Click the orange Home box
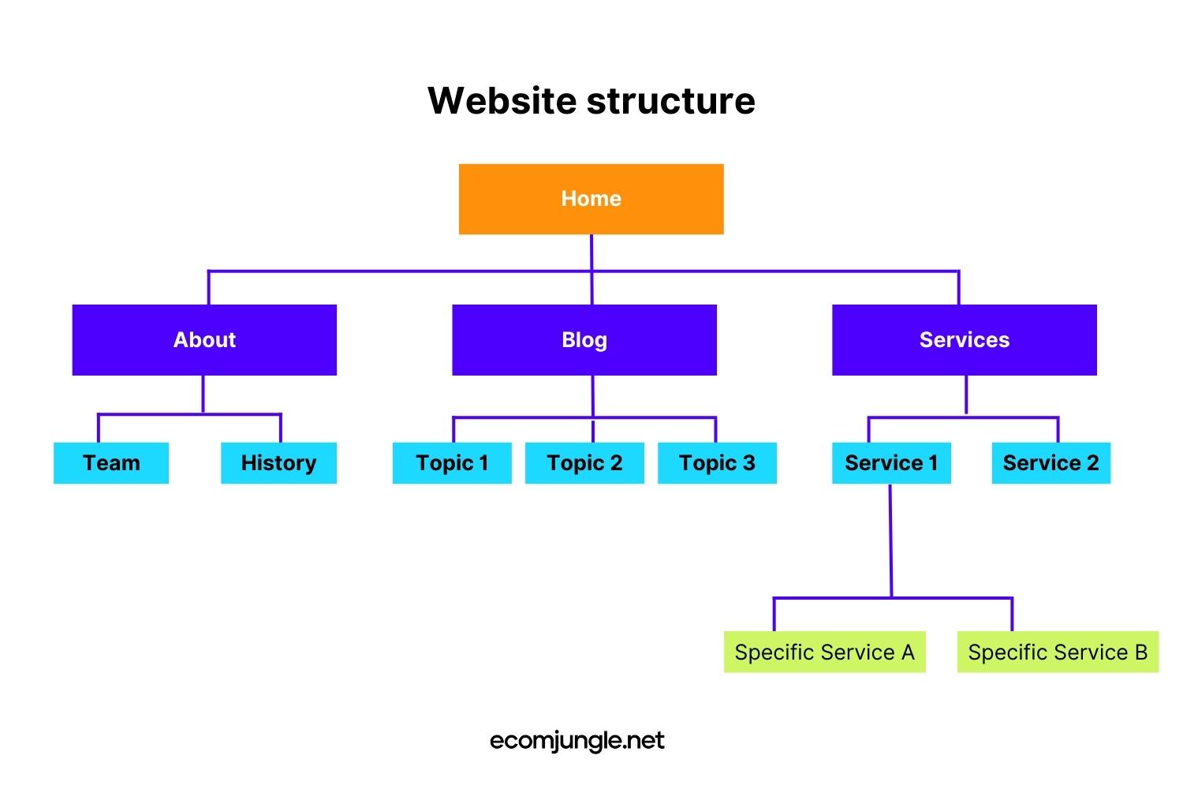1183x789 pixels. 591,199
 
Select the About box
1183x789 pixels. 204,340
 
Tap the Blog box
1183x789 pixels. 584,340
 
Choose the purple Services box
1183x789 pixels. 964,340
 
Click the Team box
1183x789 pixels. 111,463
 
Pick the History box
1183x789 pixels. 278,463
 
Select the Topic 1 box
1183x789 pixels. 452,463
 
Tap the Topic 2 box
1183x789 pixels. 584,463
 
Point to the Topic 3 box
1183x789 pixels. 717,463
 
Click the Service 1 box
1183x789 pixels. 891,463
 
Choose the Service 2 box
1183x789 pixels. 1051,463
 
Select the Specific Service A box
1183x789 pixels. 824,653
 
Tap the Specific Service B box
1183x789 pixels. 1058,653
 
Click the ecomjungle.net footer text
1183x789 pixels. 577,741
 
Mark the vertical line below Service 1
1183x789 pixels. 890,540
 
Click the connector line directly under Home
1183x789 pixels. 591,252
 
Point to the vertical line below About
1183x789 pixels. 203,394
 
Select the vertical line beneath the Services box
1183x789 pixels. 966,394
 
